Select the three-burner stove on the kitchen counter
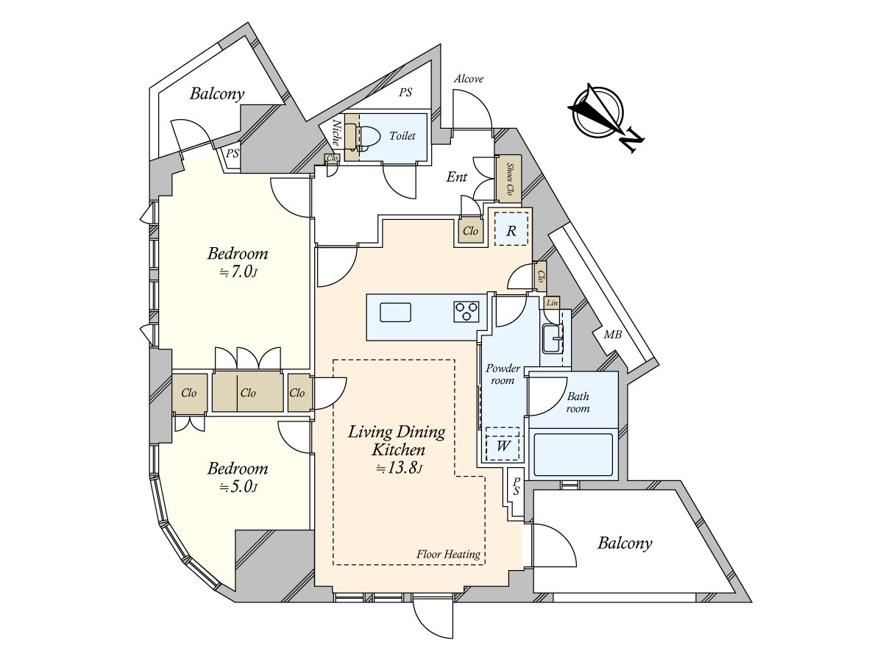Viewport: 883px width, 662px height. point(467,311)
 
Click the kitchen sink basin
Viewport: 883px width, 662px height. point(395,313)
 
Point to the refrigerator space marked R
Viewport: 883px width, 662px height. point(511,229)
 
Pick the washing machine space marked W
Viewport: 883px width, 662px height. point(502,444)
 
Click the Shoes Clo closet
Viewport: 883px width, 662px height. point(509,179)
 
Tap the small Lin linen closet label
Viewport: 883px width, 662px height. point(552,302)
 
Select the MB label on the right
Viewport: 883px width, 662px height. point(613,334)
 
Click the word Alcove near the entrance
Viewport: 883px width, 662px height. point(469,79)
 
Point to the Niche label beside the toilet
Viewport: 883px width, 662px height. point(336,132)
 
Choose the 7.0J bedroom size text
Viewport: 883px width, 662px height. point(238,273)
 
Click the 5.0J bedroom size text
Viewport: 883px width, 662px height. point(238,487)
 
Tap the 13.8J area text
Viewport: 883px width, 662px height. point(399,468)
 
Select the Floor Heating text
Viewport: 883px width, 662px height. point(448,555)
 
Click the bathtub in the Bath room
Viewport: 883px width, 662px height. point(573,455)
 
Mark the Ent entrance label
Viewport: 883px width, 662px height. point(457,177)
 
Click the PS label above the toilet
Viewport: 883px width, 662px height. point(405,93)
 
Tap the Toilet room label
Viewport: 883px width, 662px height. point(403,136)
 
